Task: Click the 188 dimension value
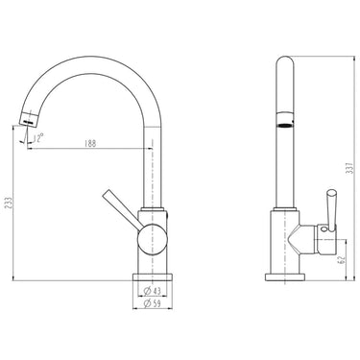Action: [90, 143]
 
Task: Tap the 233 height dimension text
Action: [10, 203]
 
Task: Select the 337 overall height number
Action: [350, 168]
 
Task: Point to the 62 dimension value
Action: [342, 259]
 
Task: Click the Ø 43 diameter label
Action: [152, 291]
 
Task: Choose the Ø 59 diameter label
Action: [152, 303]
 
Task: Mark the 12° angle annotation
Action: [38, 138]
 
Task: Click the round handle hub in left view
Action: [153, 239]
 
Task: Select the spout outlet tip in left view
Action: [30, 119]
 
